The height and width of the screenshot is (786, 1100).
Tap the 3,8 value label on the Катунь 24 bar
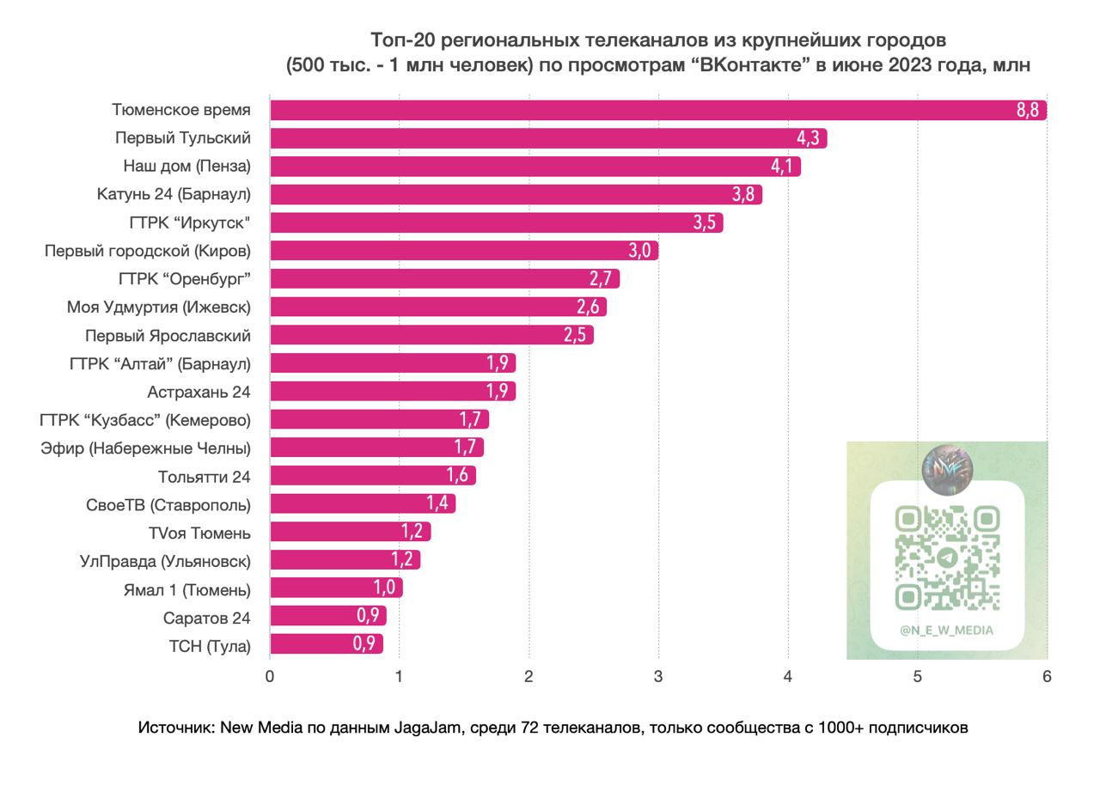743,194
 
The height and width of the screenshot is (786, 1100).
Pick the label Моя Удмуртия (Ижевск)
159,307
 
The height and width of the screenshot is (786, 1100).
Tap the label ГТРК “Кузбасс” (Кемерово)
145,420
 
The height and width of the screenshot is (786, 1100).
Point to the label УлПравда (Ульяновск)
165,561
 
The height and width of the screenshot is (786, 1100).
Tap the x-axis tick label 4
788,676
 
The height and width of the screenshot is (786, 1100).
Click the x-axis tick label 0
270,676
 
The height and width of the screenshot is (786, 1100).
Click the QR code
947,558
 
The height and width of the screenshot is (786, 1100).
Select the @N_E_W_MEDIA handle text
947,631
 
